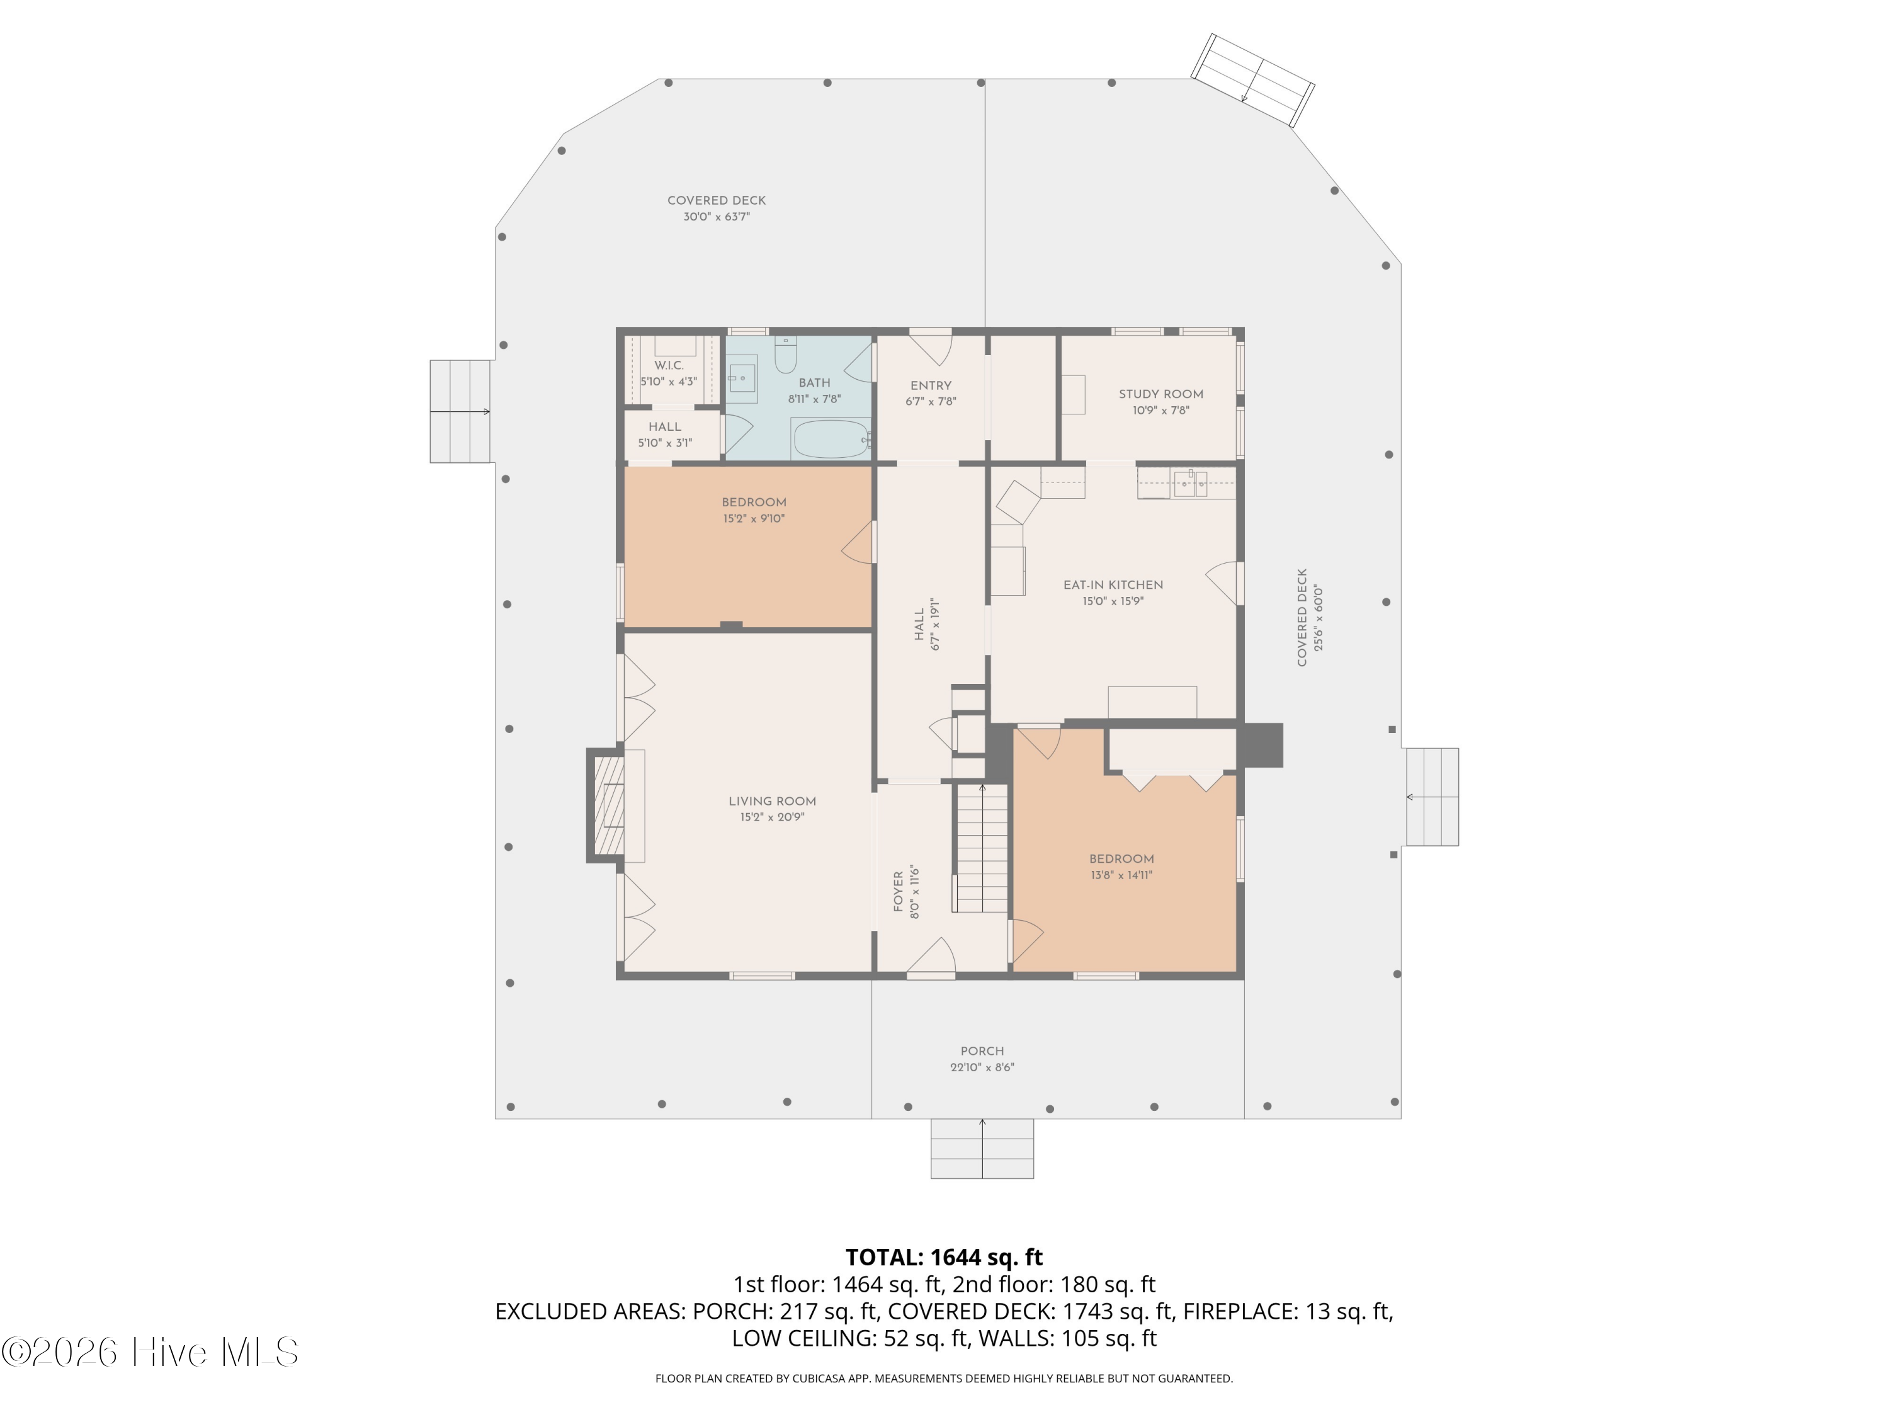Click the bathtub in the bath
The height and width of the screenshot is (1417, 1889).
[x=831, y=438]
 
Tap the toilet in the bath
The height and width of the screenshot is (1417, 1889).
[x=786, y=353]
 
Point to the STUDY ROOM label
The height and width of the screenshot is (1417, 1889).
[x=1160, y=394]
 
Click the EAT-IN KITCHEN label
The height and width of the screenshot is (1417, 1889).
[x=1113, y=585]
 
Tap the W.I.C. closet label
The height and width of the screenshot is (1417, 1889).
[x=669, y=365]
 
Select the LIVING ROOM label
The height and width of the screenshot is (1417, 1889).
[x=772, y=801]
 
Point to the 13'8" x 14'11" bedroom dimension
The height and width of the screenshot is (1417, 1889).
[x=1121, y=875]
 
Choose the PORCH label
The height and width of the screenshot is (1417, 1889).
[x=982, y=1050]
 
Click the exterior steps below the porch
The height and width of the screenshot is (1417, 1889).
[x=982, y=1149]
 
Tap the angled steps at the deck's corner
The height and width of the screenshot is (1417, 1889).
[x=1253, y=80]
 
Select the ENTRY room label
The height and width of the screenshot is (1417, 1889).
[x=931, y=385]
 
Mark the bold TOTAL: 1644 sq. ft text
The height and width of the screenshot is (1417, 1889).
[x=944, y=1257]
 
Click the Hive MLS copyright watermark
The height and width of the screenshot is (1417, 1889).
[x=150, y=1352]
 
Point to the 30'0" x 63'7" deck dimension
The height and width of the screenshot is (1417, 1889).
[x=717, y=217]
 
